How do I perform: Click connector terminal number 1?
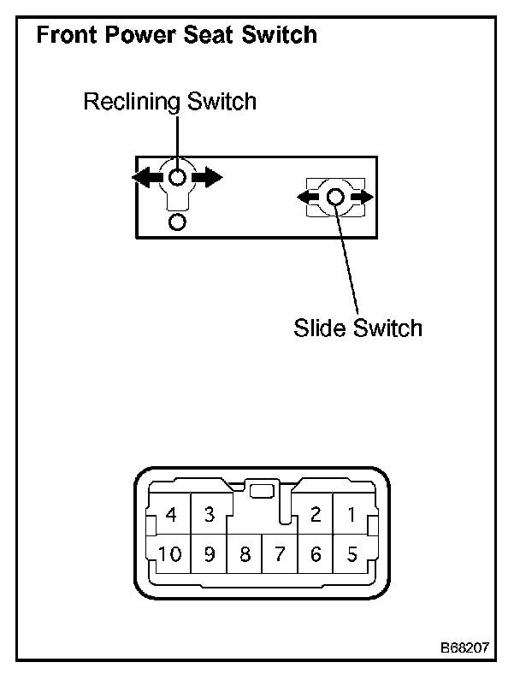pyautogui.click(x=351, y=515)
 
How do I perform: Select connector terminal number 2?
pyautogui.click(x=316, y=515)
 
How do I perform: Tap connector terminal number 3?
pyautogui.click(x=209, y=515)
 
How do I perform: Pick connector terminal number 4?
pyautogui.click(x=172, y=515)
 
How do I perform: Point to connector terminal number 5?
pyautogui.click(x=351, y=554)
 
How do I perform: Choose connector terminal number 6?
pyautogui.click(x=316, y=554)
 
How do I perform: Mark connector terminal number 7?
pyautogui.click(x=280, y=554)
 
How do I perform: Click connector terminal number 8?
pyautogui.click(x=245, y=554)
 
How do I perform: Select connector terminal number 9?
pyautogui.click(x=209, y=554)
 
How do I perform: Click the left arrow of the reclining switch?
pyautogui.click(x=146, y=177)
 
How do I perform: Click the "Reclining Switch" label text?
pyautogui.click(x=169, y=103)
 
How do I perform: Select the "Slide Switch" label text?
pyautogui.click(x=357, y=328)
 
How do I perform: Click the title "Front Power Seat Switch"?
pyautogui.click(x=176, y=36)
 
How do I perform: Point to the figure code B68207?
pyautogui.click(x=466, y=647)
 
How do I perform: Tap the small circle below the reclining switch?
pyautogui.click(x=177, y=222)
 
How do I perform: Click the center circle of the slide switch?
pyautogui.click(x=335, y=198)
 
